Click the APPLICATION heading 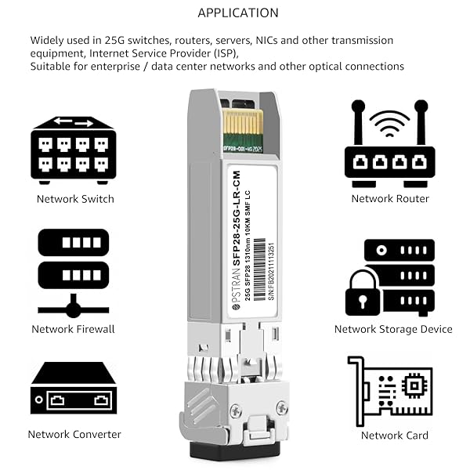(x=237, y=13)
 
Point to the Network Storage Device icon (x=389, y=278)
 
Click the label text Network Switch (x=75, y=199)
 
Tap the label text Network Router (x=390, y=199)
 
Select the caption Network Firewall (x=74, y=329)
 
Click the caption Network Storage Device (x=393, y=329)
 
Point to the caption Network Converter (x=74, y=434)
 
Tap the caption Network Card (x=394, y=435)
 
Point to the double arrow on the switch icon (x=73, y=122)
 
